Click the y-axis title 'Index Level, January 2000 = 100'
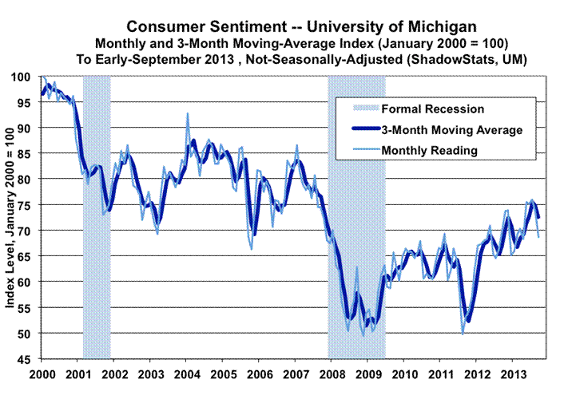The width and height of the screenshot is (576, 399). [x=12, y=217]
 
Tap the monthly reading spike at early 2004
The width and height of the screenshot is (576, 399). [x=188, y=114]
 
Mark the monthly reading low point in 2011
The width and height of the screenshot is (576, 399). [x=463, y=310]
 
